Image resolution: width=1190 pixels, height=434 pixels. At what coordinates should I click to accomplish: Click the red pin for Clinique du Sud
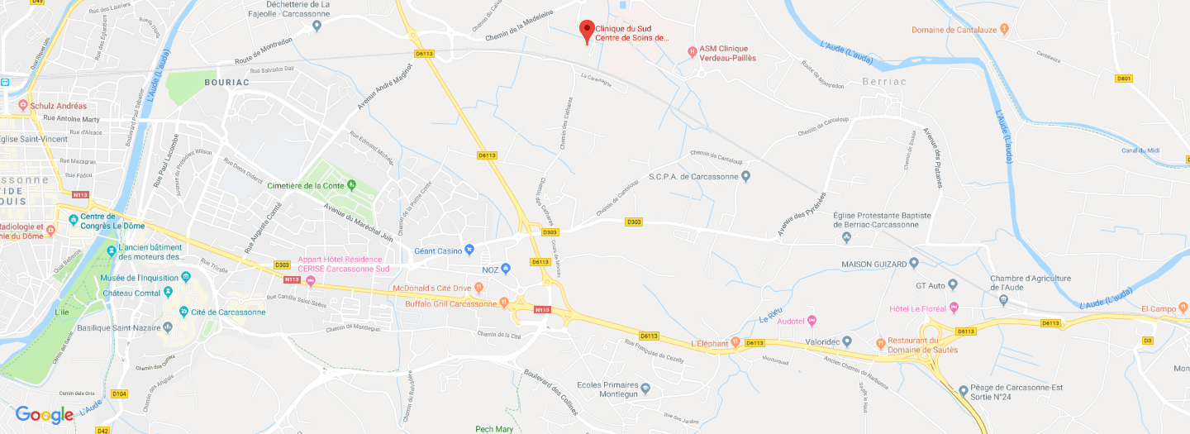click(x=587, y=30)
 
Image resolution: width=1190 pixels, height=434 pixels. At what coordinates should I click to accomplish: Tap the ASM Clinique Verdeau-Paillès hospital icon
click(x=692, y=52)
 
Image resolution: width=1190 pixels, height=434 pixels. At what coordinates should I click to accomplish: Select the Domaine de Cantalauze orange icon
click(x=1005, y=29)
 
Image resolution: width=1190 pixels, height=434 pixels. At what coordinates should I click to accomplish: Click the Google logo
click(x=45, y=415)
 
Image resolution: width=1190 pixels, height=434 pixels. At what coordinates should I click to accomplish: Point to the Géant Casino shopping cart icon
click(x=469, y=249)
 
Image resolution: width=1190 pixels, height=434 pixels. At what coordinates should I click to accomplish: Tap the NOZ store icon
click(x=506, y=268)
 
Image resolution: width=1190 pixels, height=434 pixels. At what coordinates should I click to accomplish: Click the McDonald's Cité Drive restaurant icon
click(x=480, y=288)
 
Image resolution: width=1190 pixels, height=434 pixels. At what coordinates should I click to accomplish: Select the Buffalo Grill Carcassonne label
click(x=450, y=303)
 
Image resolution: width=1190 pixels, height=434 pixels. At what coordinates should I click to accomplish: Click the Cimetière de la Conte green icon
click(x=352, y=184)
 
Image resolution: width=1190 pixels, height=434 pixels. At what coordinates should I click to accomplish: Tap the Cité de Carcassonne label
click(x=228, y=312)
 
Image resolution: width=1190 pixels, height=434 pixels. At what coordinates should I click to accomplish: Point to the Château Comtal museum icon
click(x=169, y=292)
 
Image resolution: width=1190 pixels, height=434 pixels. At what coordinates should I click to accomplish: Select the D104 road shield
click(x=120, y=393)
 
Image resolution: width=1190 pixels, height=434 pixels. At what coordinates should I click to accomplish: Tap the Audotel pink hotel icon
click(x=812, y=321)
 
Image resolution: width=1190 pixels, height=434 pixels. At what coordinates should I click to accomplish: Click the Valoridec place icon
click(x=847, y=341)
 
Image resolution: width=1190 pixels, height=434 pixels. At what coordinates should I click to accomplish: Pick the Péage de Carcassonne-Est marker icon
click(x=964, y=390)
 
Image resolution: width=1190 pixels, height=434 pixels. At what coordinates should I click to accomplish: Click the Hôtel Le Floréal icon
click(x=954, y=308)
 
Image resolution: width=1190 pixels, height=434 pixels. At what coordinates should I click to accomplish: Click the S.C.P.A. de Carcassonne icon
click(x=745, y=175)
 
